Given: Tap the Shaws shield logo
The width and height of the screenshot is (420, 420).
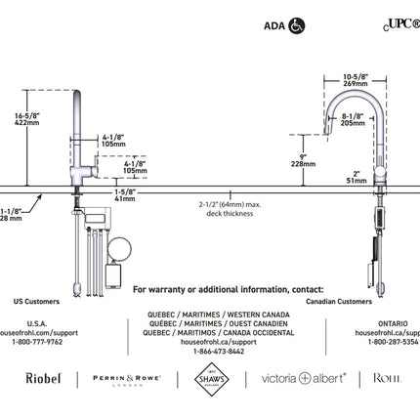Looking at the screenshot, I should [x=197, y=378].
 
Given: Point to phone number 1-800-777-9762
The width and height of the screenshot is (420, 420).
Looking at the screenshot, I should [x=36, y=341].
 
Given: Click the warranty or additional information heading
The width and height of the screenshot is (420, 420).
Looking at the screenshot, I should [x=228, y=289].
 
